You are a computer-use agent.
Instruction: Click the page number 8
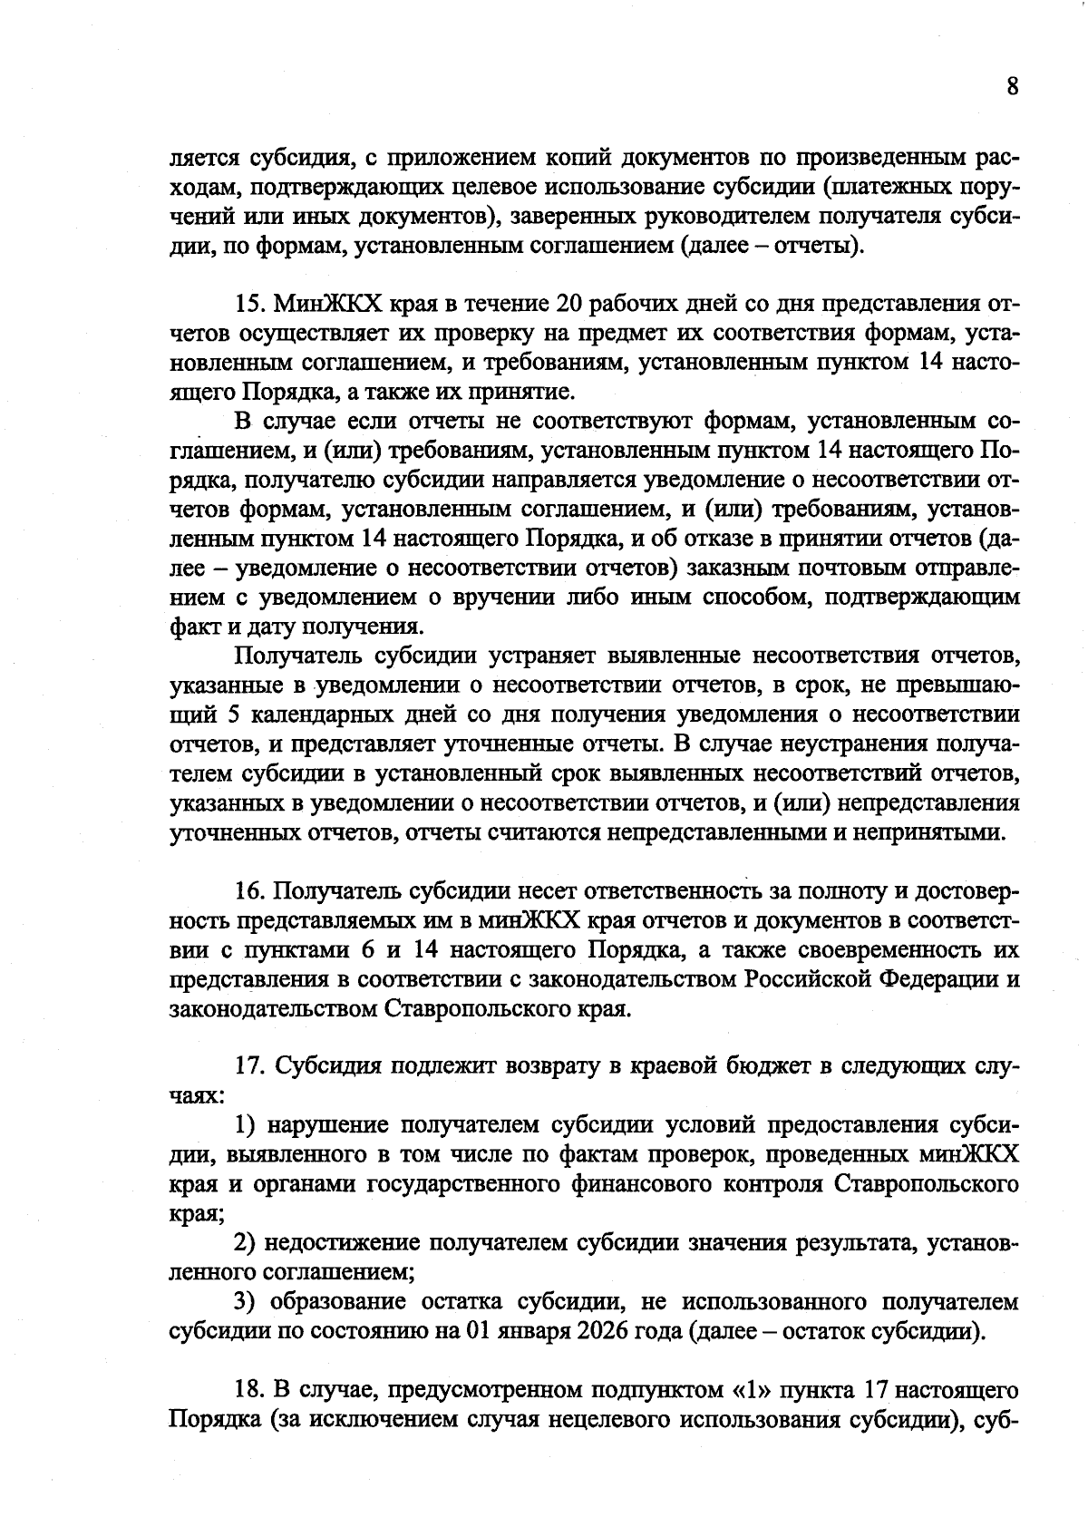1012,87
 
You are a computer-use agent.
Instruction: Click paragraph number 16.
248,892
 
